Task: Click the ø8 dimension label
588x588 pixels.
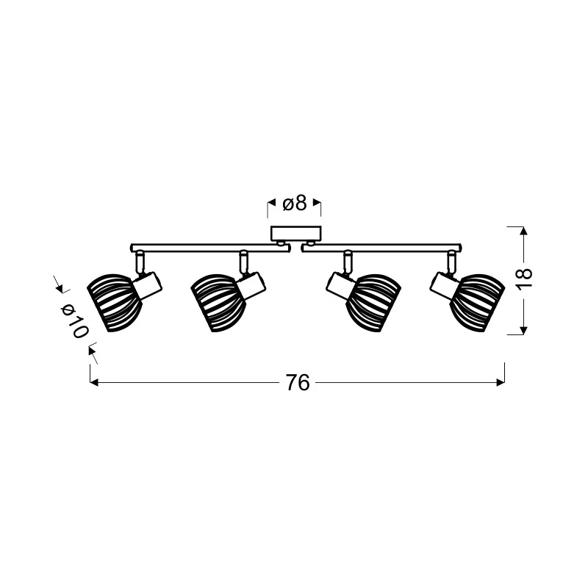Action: [x=295, y=204]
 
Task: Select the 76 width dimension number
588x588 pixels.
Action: [x=298, y=382]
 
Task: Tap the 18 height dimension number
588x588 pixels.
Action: [x=524, y=278]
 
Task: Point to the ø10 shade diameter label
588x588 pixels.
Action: [x=74, y=320]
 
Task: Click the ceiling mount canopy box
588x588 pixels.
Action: [x=296, y=234]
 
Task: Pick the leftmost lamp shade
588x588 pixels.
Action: [x=115, y=303]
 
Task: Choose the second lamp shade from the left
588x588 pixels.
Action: [x=218, y=303]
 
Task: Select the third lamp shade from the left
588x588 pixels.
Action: [x=373, y=303]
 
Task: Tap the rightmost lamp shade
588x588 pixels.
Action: [x=477, y=303]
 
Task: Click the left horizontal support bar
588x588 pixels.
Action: [x=211, y=248]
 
